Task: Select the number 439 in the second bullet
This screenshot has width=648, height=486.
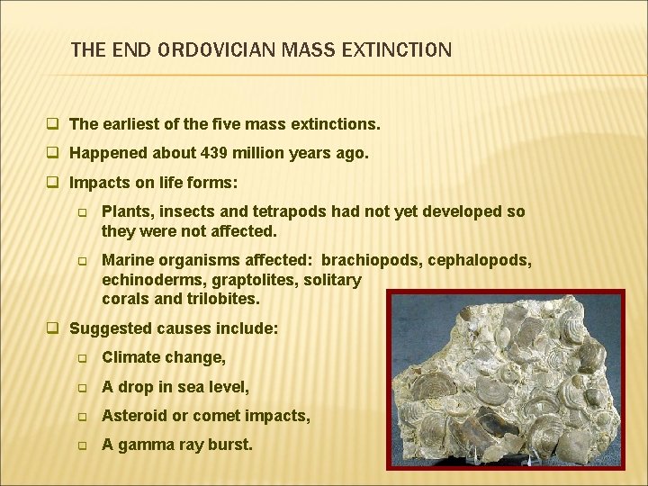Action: point(207,153)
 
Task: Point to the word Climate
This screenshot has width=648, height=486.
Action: point(132,357)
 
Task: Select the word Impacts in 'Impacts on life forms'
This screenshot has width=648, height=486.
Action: point(100,183)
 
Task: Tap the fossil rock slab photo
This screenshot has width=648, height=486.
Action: point(505,379)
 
